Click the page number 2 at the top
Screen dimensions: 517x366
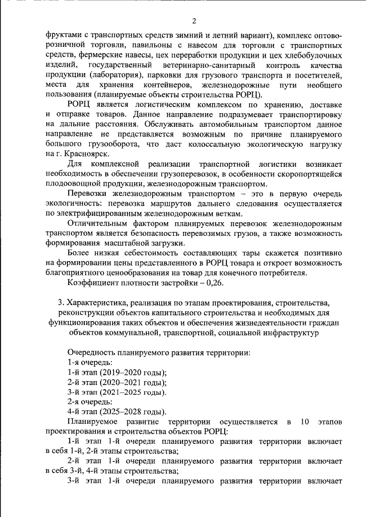(194, 22)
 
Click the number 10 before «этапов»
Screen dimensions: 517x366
(304, 422)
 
